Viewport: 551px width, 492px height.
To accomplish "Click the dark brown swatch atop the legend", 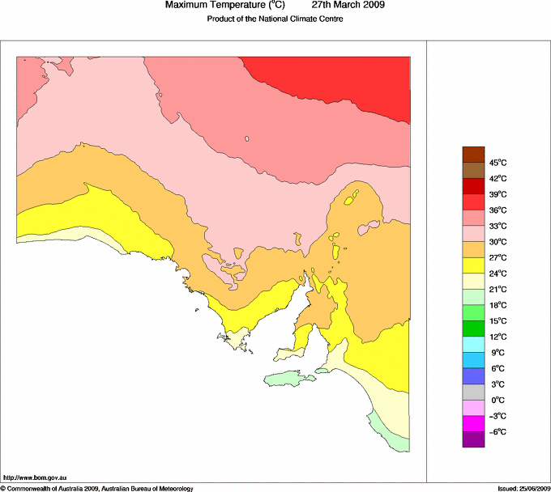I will click(472, 154).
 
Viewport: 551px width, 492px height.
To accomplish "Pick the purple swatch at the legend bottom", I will click(472, 439).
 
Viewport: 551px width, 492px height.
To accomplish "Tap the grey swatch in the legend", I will click(472, 392).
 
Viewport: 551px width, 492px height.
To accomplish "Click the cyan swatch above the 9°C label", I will click(472, 344).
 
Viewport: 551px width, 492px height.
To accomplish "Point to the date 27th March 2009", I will click(343, 6).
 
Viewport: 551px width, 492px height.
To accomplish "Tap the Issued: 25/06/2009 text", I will click(523, 488).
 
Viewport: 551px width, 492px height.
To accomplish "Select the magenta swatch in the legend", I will click(472, 423).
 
